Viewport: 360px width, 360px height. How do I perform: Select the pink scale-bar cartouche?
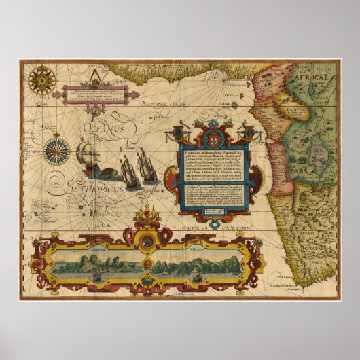point(93,93)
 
